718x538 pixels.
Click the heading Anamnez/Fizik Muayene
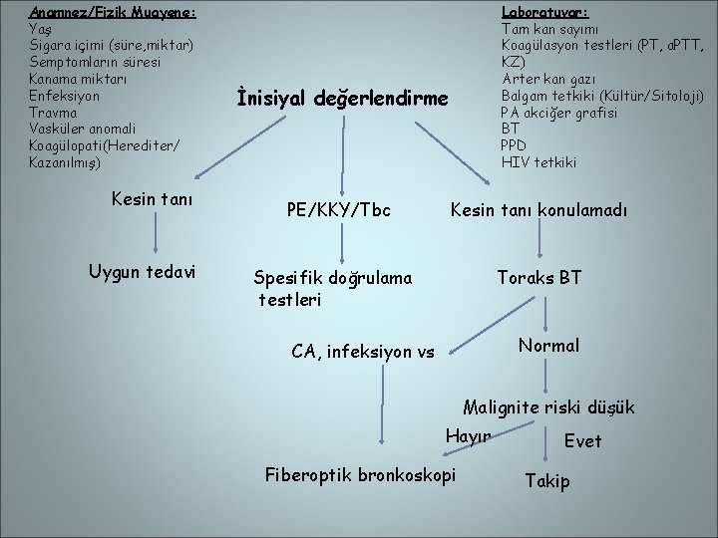pyautogui.click(x=112, y=12)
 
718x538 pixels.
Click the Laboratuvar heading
pyautogui.click(x=544, y=12)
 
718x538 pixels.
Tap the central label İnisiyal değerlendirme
pyautogui.click(x=343, y=98)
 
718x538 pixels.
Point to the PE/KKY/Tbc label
pyautogui.click(x=337, y=211)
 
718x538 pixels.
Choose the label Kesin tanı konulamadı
pyautogui.click(x=538, y=211)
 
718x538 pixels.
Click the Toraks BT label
pyautogui.click(x=538, y=278)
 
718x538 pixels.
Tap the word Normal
pyautogui.click(x=547, y=345)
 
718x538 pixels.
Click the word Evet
pyautogui.click(x=582, y=440)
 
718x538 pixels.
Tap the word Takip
pyautogui.click(x=547, y=481)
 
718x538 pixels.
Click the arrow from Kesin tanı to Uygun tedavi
pyautogui.click(x=154, y=235)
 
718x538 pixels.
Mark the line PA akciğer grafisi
pyautogui.click(x=558, y=112)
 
